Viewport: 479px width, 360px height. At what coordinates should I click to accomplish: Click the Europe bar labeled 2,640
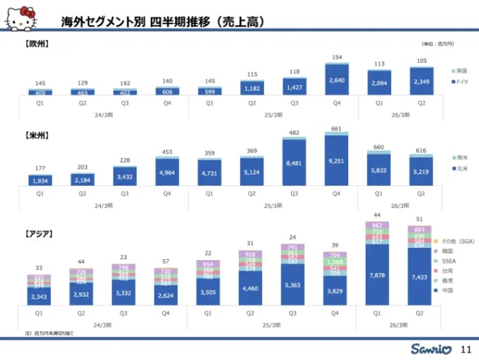point(337,80)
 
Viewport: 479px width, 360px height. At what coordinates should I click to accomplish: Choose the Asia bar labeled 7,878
point(380,275)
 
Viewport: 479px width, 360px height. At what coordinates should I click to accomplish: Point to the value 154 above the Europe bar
point(337,58)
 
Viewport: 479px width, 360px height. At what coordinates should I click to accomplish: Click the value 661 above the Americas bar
point(337,128)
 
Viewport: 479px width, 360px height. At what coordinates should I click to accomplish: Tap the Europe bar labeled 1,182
point(252,88)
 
